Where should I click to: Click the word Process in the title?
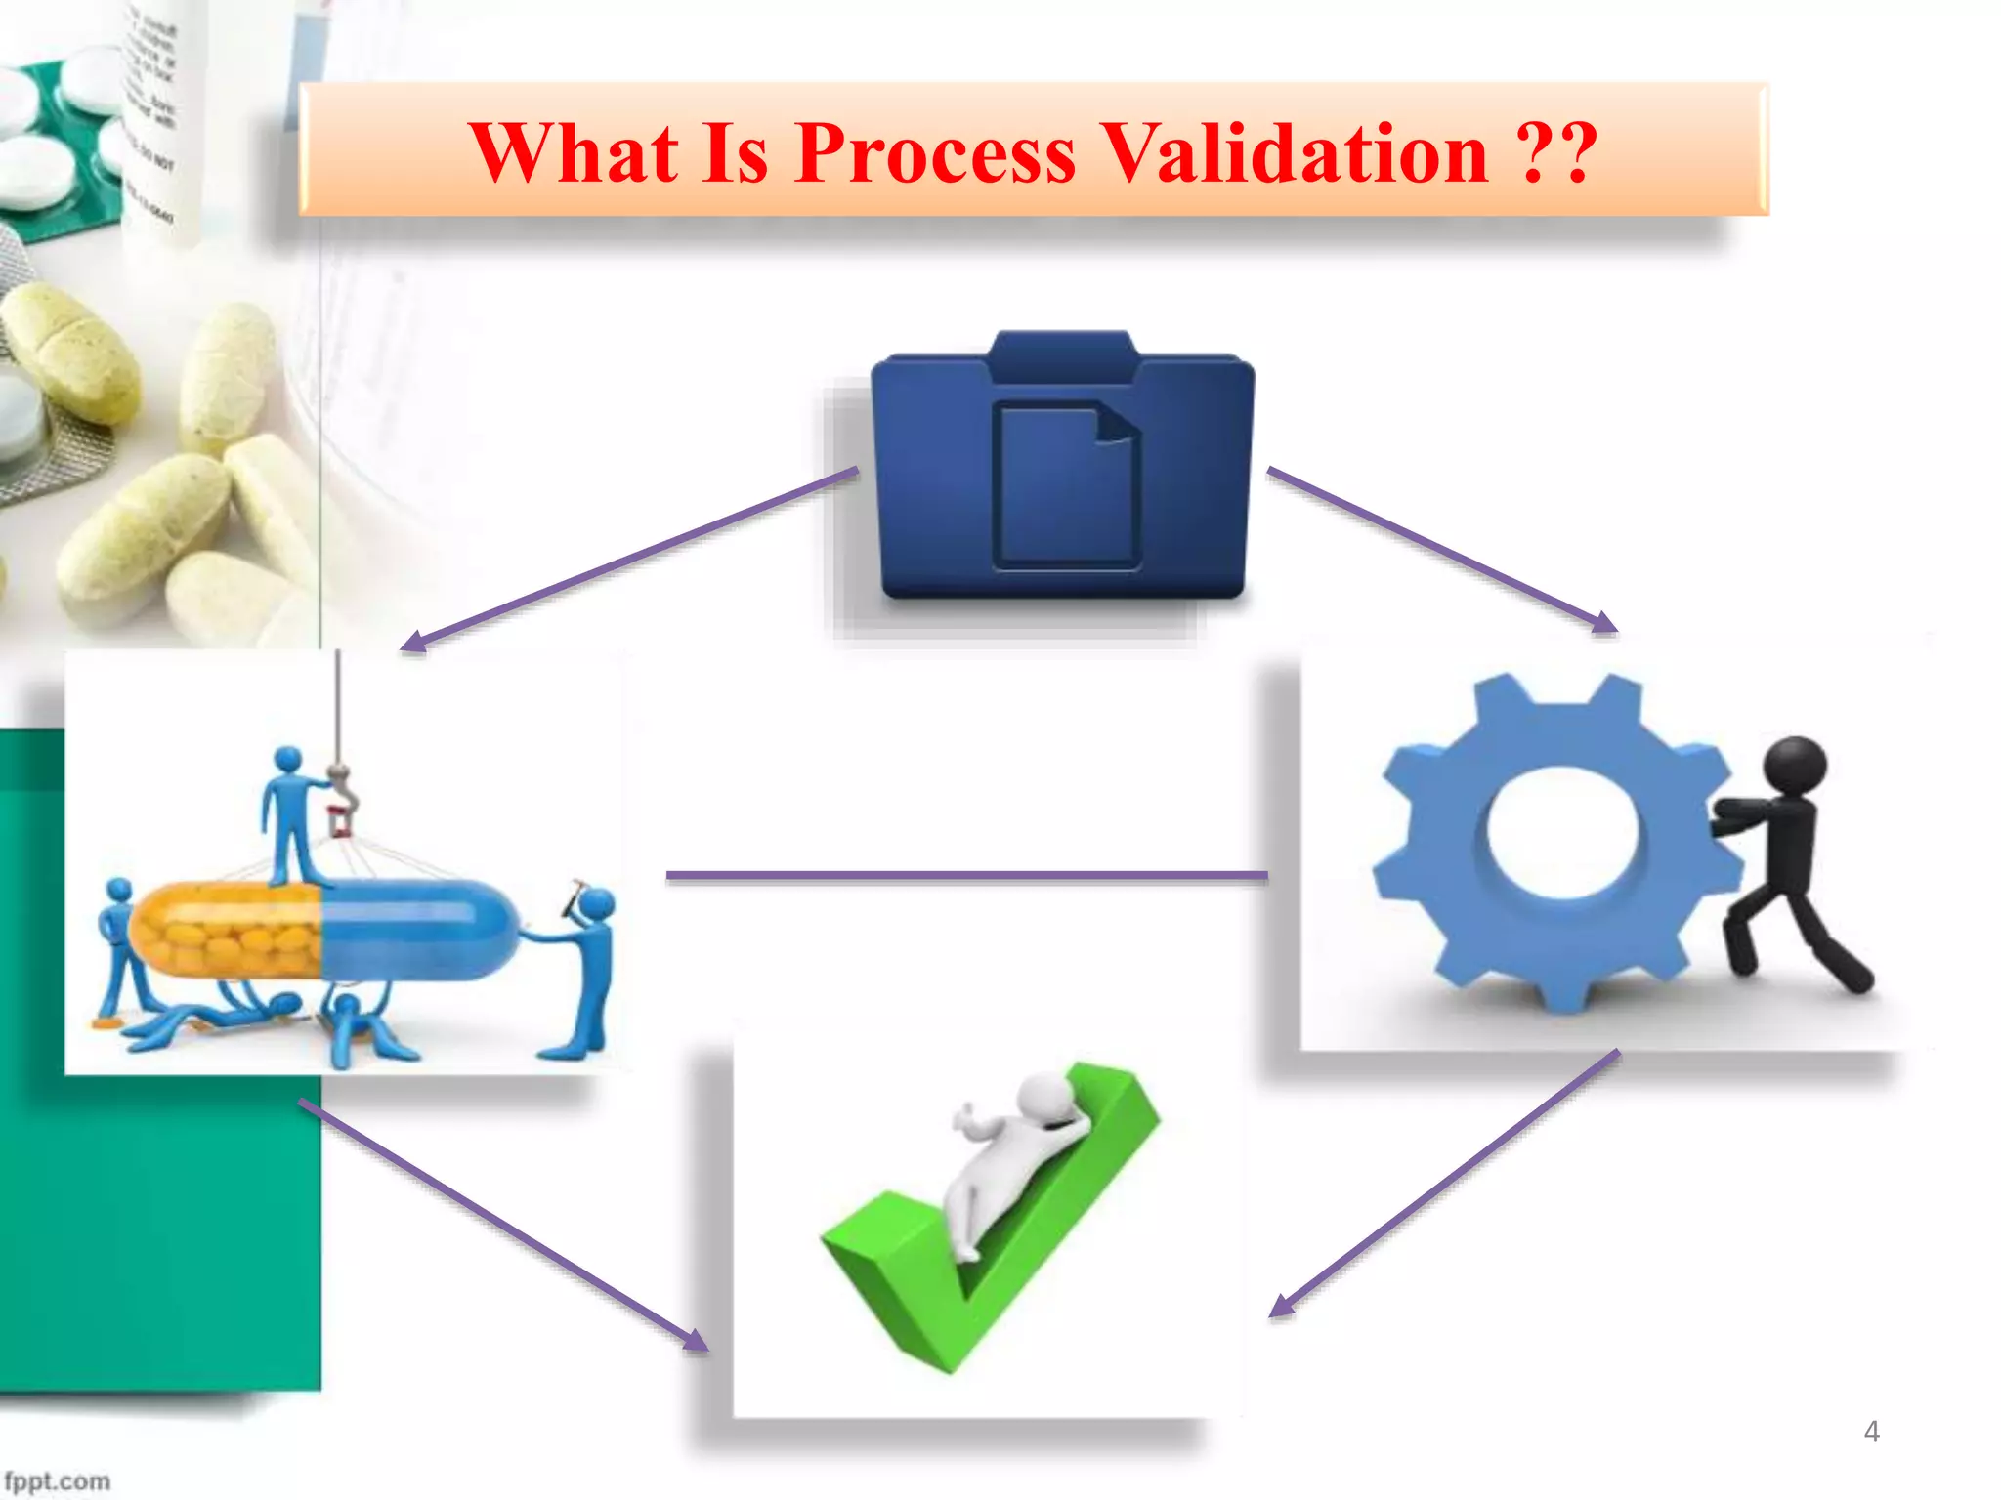[x=935, y=153]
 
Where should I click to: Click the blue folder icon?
[x=1063, y=469]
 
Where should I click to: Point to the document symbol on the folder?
[x=1067, y=486]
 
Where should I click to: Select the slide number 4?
[x=1871, y=1432]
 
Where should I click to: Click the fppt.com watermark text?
[x=57, y=1481]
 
